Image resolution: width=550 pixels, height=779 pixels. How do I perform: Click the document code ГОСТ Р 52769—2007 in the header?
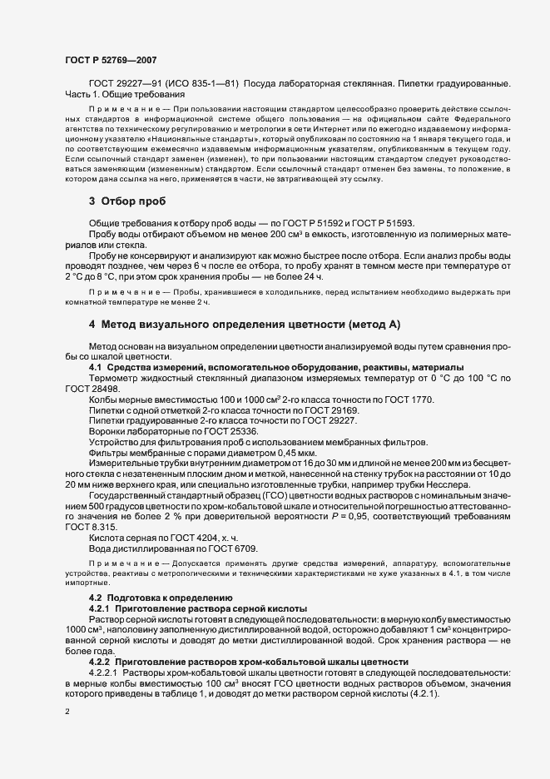[x=109, y=59]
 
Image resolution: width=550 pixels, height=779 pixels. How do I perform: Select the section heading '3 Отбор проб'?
[x=127, y=201]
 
